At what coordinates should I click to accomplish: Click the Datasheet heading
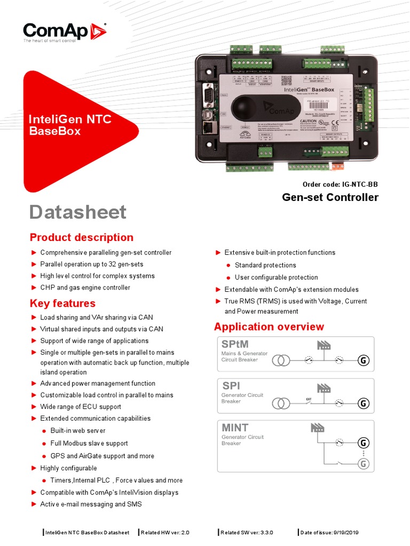[x=78, y=212]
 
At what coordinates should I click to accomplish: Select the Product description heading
[x=82, y=237]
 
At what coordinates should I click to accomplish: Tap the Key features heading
[x=62, y=303]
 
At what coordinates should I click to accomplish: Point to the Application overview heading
[x=269, y=326]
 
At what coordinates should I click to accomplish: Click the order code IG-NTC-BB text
[x=343, y=184]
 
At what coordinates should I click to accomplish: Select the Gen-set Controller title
[x=330, y=197]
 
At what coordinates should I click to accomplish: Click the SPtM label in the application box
[x=235, y=344]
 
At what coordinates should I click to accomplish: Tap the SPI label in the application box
[x=231, y=386]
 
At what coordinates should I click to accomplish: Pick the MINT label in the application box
[x=235, y=427]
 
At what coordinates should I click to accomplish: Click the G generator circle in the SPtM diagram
[x=363, y=361]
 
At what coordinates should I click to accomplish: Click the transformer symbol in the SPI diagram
[x=281, y=403]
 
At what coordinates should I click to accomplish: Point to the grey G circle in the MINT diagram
[x=363, y=464]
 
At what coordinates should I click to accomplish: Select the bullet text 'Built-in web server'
[x=78, y=430]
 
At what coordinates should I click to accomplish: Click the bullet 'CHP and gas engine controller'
[x=85, y=287]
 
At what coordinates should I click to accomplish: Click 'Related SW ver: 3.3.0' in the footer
[x=247, y=533]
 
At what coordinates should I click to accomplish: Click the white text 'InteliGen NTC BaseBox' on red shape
[x=70, y=125]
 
